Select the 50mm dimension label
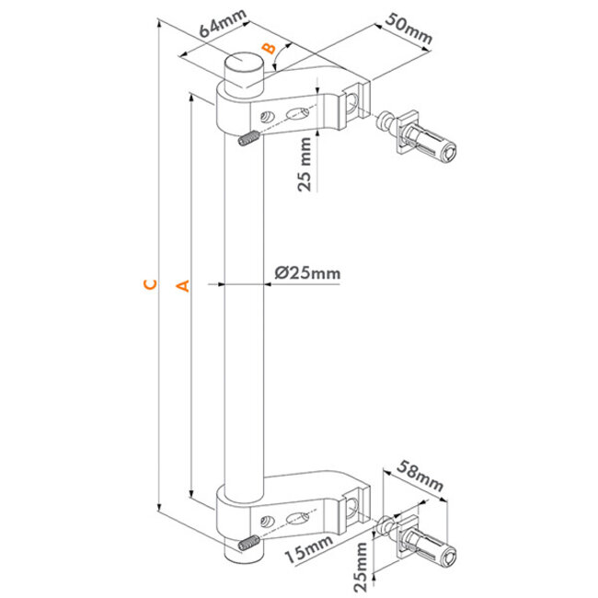click(405, 31)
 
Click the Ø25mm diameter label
click(307, 272)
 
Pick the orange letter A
click(181, 286)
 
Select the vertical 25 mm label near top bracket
click(306, 164)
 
